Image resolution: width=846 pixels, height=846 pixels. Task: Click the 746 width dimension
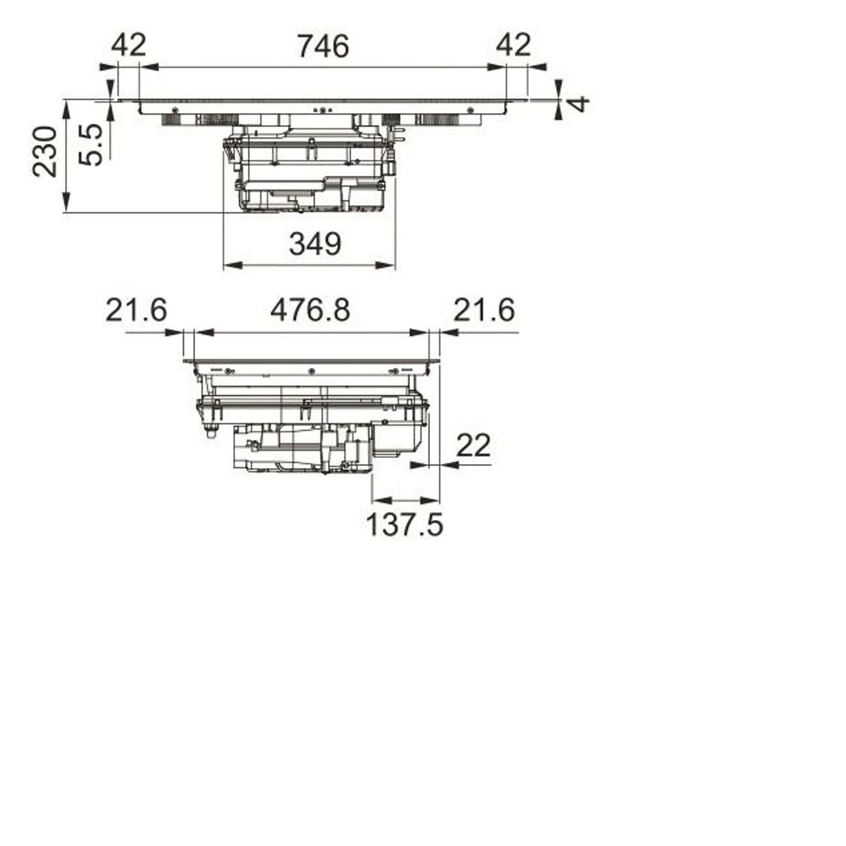[323, 46]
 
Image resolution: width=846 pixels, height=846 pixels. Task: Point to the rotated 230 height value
[45, 152]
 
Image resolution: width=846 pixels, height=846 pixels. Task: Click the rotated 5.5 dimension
[90, 145]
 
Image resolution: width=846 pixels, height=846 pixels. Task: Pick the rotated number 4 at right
[579, 105]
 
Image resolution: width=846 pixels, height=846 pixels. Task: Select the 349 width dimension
[315, 244]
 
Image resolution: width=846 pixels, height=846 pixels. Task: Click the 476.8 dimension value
[310, 310]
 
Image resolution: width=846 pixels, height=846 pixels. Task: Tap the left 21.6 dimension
[137, 310]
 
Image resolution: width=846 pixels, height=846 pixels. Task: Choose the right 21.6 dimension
[484, 310]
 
